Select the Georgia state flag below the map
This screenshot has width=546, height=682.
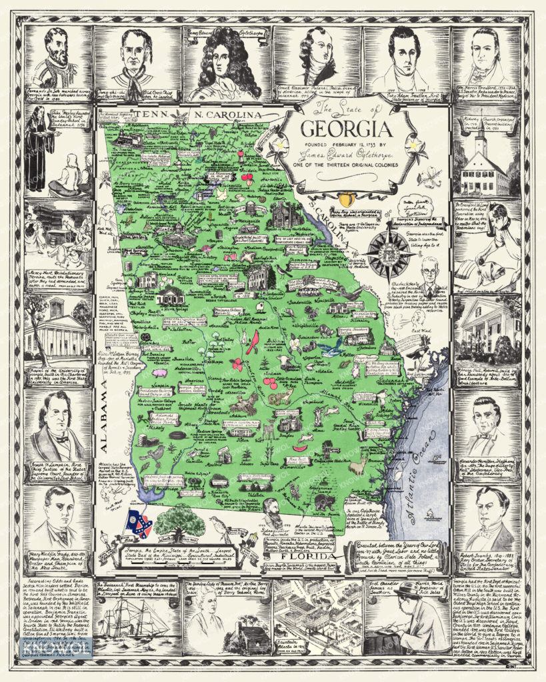click(x=139, y=525)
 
